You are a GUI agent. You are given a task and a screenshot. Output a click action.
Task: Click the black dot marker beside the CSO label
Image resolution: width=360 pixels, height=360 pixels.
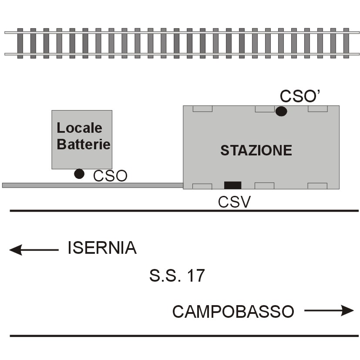(x=79, y=174)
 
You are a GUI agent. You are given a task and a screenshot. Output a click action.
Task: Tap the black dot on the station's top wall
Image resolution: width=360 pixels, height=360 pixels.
(x=281, y=111)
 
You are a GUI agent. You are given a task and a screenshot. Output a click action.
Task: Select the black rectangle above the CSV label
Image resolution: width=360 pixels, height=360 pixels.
(x=232, y=185)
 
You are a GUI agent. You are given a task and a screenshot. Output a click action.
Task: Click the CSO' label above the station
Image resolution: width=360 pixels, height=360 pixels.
(x=300, y=96)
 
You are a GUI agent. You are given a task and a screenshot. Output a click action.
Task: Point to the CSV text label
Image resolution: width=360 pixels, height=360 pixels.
(x=234, y=202)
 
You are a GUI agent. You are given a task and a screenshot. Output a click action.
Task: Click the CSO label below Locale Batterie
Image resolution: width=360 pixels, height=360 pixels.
(x=110, y=176)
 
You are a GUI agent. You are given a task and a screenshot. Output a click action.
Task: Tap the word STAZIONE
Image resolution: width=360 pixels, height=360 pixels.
(x=256, y=150)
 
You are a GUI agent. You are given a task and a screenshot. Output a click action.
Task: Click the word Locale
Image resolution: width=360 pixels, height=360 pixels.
(x=79, y=128)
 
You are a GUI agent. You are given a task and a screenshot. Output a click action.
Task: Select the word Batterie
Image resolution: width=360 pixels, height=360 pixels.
(x=84, y=144)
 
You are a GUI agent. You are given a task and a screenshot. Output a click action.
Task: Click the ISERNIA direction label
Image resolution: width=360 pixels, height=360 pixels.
(x=102, y=248)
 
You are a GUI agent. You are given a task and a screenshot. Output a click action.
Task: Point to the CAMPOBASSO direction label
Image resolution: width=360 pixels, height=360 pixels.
(x=233, y=312)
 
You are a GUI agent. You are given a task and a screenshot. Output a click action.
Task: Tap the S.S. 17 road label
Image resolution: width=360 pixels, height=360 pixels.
(x=177, y=275)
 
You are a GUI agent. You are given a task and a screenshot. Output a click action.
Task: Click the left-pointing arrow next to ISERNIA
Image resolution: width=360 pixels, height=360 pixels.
(x=34, y=250)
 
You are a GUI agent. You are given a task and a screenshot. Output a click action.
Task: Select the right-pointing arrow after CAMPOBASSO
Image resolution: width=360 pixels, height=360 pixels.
(x=329, y=311)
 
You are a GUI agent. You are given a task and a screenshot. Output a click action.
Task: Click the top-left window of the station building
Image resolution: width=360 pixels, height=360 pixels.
(x=202, y=108)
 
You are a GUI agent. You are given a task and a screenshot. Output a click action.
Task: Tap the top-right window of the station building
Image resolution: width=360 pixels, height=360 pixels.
(x=318, y=108)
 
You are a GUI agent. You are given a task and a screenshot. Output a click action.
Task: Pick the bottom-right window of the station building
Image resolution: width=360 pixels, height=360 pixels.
(x=317, y=186)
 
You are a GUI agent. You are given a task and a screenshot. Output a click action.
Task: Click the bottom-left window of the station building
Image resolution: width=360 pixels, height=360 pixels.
(x=202, y=186)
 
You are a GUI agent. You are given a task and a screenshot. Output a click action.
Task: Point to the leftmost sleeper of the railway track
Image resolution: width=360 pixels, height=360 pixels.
(x=20, y=44)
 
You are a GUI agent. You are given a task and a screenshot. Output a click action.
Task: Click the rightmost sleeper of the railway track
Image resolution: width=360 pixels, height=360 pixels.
(x=346, y=43)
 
